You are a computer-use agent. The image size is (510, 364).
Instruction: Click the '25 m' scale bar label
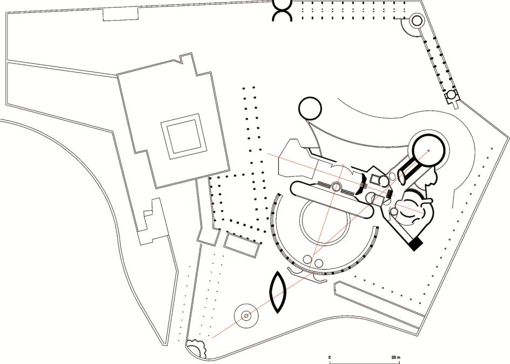coord(396,358)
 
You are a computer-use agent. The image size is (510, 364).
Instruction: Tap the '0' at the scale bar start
coord(330,358)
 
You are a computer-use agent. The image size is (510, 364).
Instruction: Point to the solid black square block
coord(415,244)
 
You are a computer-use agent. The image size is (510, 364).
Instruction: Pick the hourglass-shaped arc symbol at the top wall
coord(283,10)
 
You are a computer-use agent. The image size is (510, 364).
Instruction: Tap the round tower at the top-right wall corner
coord(417,21)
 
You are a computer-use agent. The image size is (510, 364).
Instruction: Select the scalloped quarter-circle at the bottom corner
coord(196,348)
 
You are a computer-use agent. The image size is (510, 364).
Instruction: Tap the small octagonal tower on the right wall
coord(450,96)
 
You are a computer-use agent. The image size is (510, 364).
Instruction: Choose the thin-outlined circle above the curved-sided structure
coord(310,108)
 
